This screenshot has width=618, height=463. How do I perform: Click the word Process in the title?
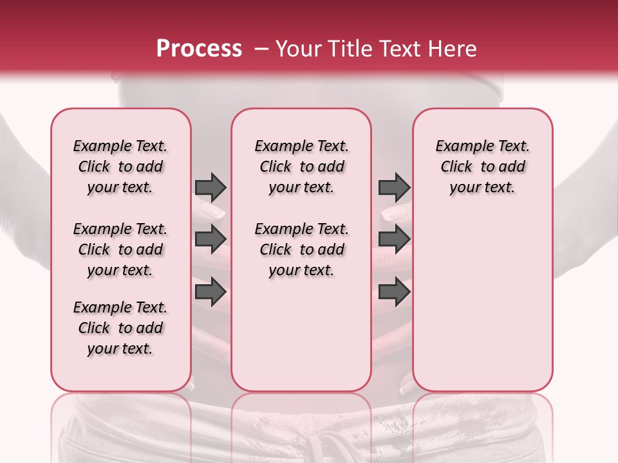(x=199, y=49)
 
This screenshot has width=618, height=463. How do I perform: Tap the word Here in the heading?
(x=453, y=49)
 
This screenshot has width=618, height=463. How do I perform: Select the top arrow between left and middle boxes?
(x=211, y=187)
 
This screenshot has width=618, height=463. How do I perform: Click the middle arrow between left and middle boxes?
(x=211, y=240)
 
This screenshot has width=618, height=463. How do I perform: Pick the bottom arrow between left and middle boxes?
(x=211, y=292)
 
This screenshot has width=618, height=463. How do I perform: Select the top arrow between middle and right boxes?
(x=394, y=187)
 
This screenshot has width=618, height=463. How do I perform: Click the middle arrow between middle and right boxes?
(x=394, y=240)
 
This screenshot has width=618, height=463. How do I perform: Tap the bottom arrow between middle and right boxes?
(x=394, y=292)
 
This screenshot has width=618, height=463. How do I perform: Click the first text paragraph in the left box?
(x=120, y=167)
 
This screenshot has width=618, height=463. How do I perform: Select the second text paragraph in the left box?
(x=120, y=250)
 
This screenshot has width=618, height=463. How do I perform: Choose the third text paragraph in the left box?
(x=120, y=328)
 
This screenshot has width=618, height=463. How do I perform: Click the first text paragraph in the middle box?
(x=301, y=167)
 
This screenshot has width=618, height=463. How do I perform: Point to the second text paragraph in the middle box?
(x=301, y=250)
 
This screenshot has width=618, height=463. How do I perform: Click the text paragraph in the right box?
(x=482, y=167)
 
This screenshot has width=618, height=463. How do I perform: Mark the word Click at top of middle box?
(x=276, y=167)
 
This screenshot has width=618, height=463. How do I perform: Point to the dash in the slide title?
(x=261, y=49)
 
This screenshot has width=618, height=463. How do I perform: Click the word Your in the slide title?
(x=297, y=49)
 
